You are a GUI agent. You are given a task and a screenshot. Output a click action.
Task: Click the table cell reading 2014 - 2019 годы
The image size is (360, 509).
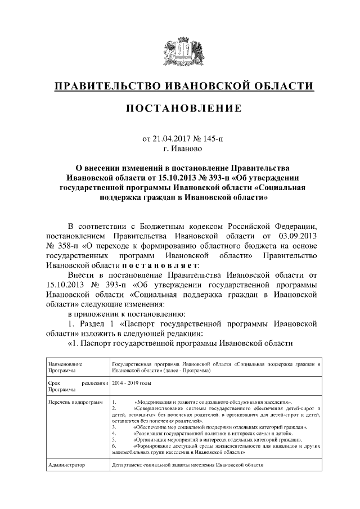point(132,382)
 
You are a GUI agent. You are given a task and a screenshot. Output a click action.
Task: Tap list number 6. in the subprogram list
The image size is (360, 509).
point(114,445)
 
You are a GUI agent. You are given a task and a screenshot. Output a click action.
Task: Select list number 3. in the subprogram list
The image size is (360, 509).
point(114,427)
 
